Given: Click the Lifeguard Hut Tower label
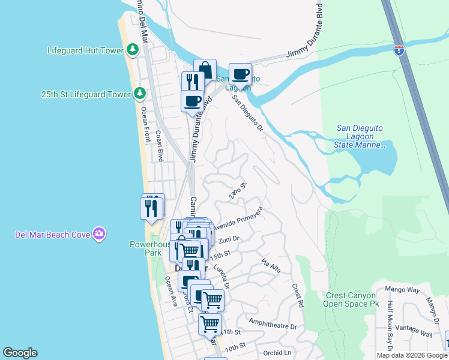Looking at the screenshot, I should point(85,50).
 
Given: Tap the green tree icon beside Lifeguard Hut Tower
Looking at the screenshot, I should point(133,50).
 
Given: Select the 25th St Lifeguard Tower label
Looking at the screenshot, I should point(86,95).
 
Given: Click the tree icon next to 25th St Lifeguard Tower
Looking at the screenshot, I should point(140,94).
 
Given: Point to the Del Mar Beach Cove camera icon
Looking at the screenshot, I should point(100,233).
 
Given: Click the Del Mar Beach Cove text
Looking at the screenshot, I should point(53,234).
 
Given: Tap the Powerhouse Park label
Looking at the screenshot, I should point(146,248).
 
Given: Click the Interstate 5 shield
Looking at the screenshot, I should point(399,49).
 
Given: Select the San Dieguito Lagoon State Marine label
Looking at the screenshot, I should point(360,136).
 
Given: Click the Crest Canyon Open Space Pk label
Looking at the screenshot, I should point(353,299).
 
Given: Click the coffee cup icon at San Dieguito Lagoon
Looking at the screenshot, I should point(240,73).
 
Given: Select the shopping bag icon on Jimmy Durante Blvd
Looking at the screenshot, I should point(205,69).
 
